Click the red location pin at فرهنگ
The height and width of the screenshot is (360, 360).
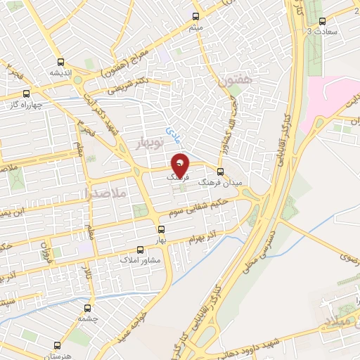(x=181, y=166)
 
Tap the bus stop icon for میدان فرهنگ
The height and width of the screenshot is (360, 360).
(x=221, y=172)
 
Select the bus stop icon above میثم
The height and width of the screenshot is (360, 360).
(x=197, y=15)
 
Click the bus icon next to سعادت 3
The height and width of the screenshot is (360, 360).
(x=322, y=21)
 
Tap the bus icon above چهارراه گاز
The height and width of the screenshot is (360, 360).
(x=27, y=94)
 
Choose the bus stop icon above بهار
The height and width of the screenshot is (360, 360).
(x=161, y=229)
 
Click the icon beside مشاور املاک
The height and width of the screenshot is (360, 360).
(x=140, y=249)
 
